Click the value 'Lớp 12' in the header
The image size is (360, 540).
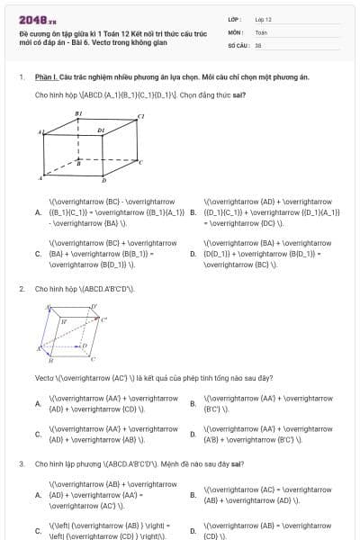[263, 19]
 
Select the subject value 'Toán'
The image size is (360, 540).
[260, 31]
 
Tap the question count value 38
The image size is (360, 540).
[258, 44]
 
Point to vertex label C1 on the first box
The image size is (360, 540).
[140, 116]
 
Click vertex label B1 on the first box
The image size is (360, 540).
[78, 113]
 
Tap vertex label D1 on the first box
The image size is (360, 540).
[101, 130]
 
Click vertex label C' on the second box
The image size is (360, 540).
[103, 319]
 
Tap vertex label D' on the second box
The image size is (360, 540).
[94, 306]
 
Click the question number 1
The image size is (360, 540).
[21, 77]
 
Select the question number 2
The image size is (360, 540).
[21, 289]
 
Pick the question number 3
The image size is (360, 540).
[21, 463]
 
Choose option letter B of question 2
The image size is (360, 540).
[193, 404]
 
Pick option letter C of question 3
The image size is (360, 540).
[37, 530]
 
